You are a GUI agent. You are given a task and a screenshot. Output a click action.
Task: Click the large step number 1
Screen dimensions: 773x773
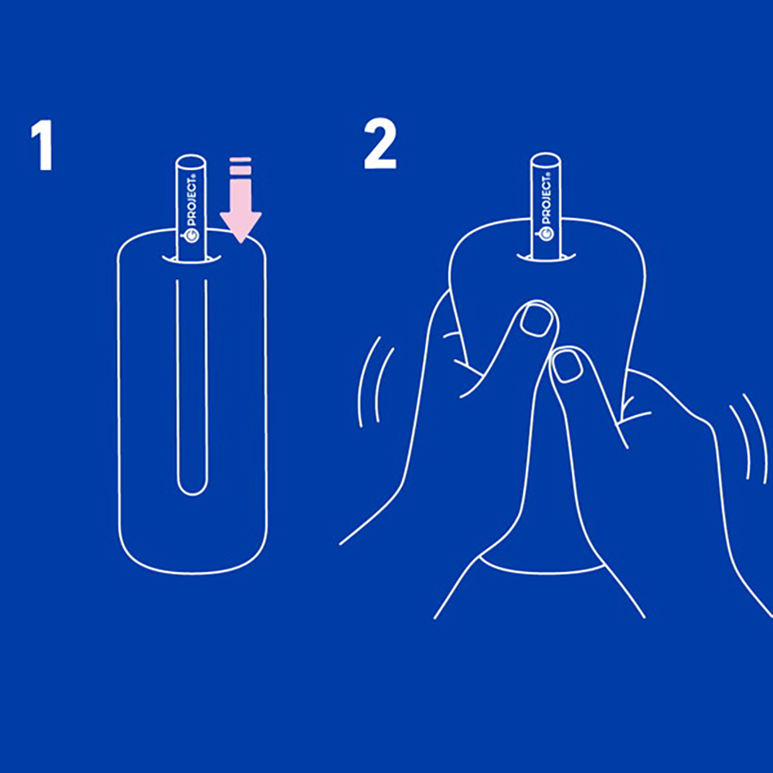point(43,146)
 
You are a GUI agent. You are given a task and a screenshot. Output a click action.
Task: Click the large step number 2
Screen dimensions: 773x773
point(380,145)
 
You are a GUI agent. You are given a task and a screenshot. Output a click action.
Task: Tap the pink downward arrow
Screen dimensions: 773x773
point(240,200)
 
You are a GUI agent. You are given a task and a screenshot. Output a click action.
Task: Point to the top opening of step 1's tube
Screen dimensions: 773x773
point(191,162)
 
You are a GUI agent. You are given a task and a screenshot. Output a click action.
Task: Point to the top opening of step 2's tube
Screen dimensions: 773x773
point(545,161)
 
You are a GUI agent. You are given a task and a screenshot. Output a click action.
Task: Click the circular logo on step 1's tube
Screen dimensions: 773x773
point(192,235)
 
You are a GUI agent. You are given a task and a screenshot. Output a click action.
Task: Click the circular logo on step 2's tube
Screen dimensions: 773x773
point(547,233)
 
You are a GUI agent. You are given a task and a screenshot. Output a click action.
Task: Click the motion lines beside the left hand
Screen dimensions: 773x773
point(376,381)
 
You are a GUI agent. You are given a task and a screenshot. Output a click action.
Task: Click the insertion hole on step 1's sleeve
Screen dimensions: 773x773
point(191,259)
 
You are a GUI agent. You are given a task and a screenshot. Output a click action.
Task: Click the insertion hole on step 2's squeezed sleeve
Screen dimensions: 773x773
point(546,257)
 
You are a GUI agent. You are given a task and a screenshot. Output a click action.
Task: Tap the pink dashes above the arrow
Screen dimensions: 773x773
point(240,166)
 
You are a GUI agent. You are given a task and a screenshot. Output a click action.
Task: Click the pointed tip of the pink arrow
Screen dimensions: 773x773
point(240,242)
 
